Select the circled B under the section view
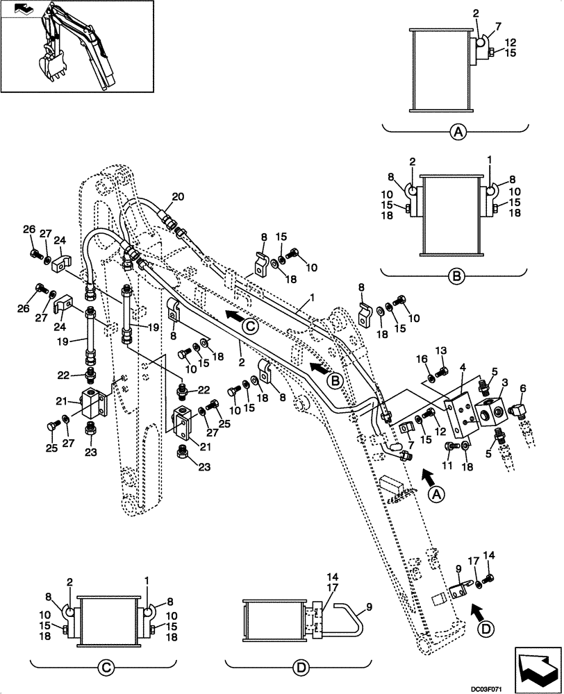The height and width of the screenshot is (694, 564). point(456,276)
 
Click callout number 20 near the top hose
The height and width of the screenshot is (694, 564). point(179,197)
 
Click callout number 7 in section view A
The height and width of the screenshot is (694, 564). point(499,26)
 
